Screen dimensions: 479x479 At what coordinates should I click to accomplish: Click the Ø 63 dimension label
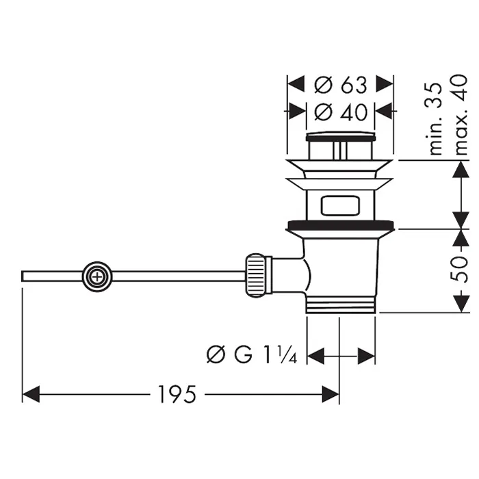click(x=340, y=86)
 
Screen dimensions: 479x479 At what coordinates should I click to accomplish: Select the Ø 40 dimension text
click(x=340, y=110)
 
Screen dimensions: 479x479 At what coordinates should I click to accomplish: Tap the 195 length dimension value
click(x=177, y=394)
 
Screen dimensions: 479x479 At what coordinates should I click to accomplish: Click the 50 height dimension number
click(x=459, y=270)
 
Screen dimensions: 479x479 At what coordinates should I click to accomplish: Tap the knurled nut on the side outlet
click(x=256, y=276)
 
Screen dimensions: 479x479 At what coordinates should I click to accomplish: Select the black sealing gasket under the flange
click(x=341, y=224)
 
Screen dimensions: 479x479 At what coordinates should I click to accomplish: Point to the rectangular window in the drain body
click(x=340, y=205)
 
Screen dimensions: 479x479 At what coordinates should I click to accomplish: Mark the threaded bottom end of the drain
click(x=341, y=305)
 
